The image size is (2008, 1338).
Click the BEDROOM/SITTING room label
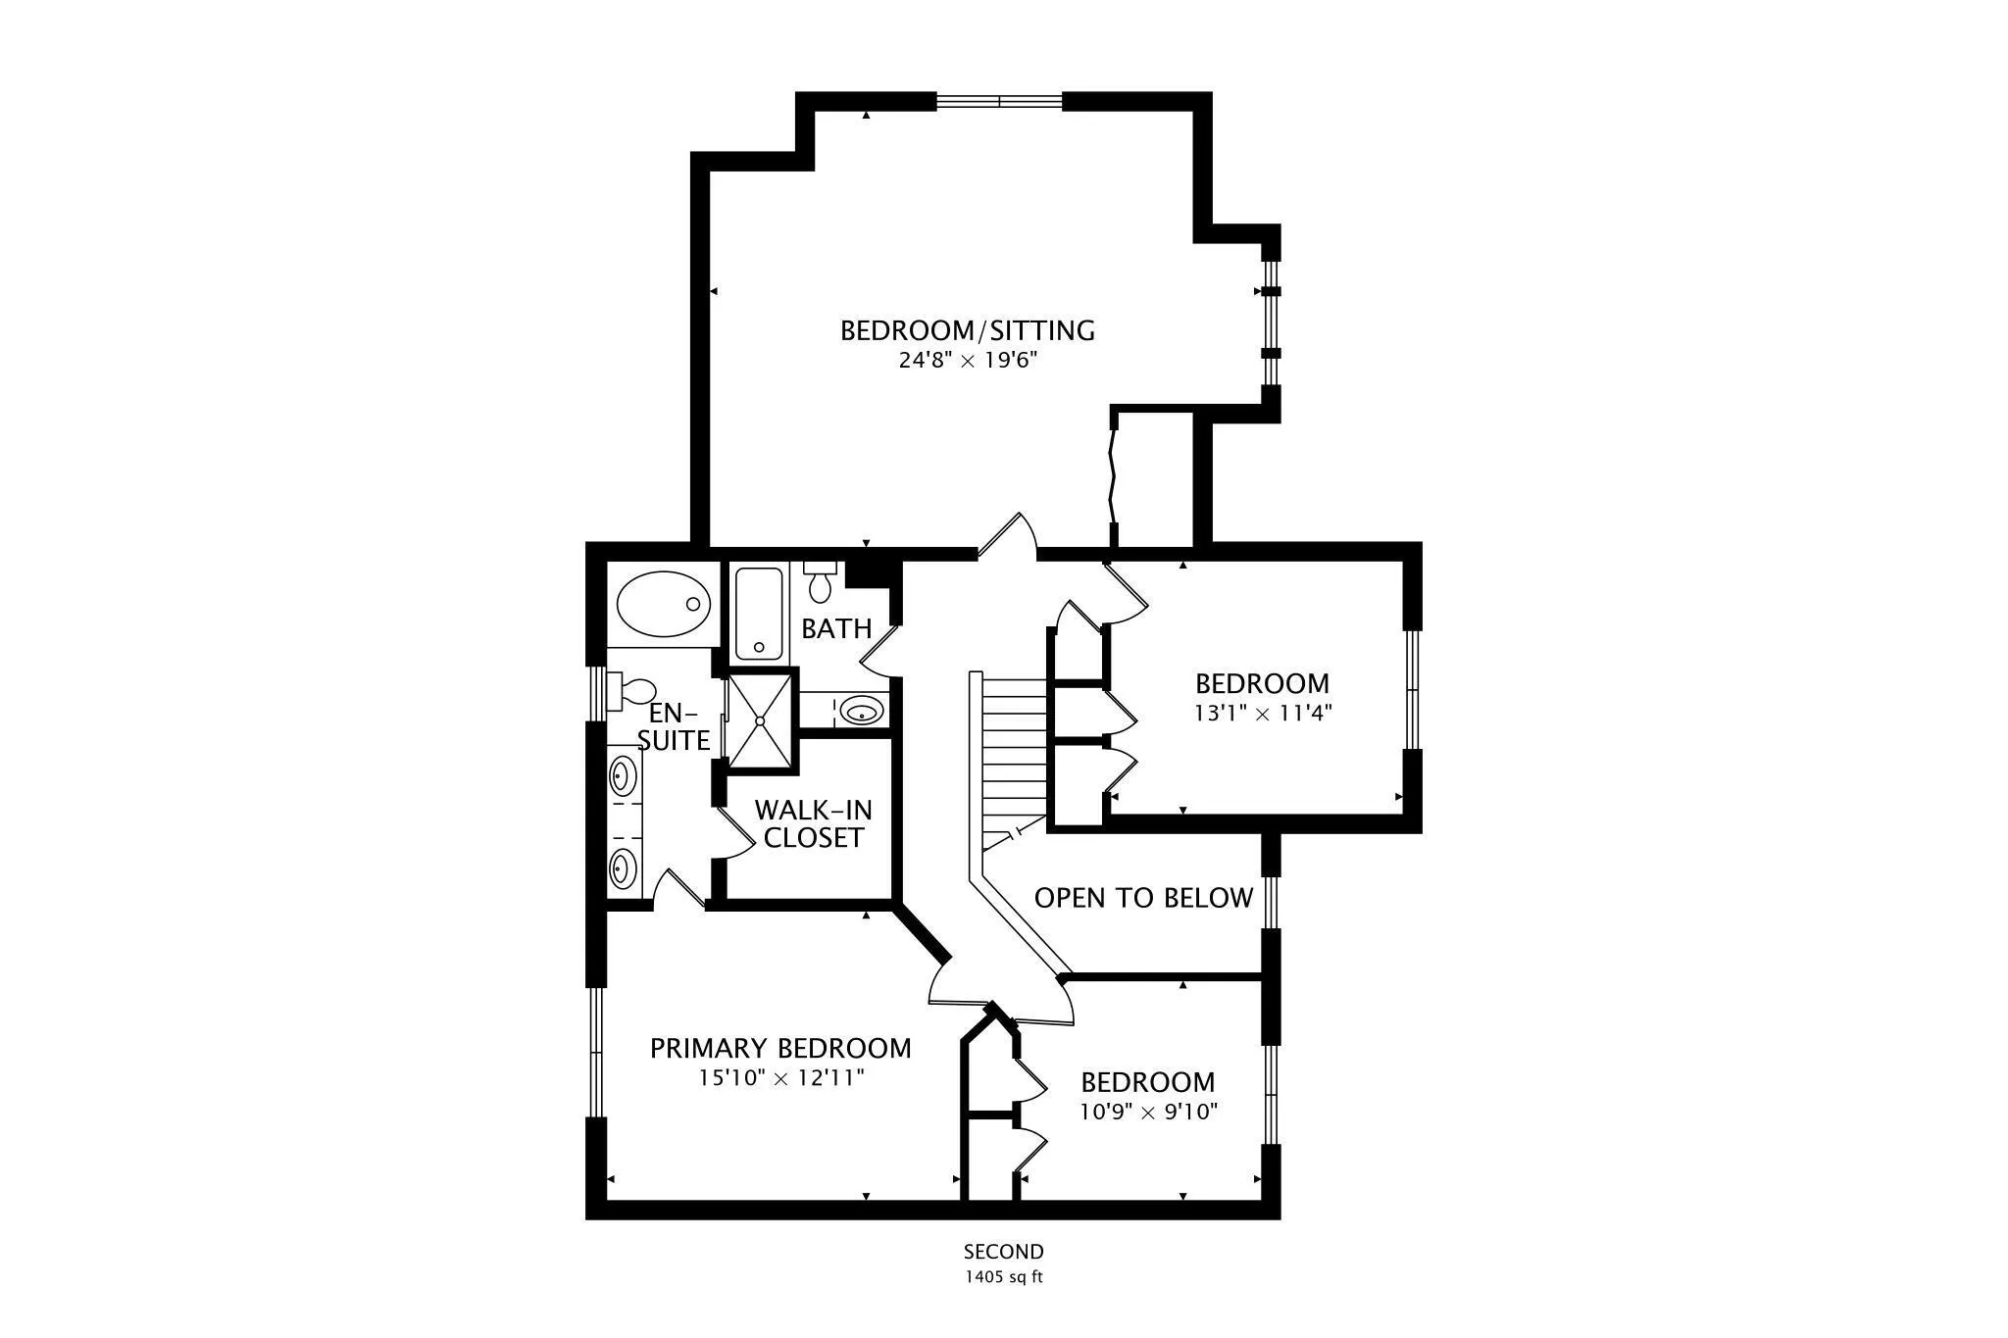tap(967, 330)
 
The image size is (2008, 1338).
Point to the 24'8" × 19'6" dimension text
tap(967, 361)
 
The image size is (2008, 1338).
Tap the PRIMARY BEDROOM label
tap(780, 1049)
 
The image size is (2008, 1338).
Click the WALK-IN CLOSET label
tap(813, 823)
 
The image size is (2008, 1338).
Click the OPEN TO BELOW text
tap(1143, 898)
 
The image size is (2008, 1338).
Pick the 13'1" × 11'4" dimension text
tap(1262, 714)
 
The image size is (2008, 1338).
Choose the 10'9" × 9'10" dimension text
tap(1148, 1113)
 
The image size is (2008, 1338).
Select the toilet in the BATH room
tap(820, 582)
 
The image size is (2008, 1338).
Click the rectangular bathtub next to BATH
tap(760, 614)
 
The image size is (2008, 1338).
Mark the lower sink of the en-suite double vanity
tap(621, 867)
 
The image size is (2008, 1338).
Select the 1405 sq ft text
tap(1003, 1277)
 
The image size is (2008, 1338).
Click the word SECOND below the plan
tap(1003, 1252)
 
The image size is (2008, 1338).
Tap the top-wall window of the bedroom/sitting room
tap(999, 100)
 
